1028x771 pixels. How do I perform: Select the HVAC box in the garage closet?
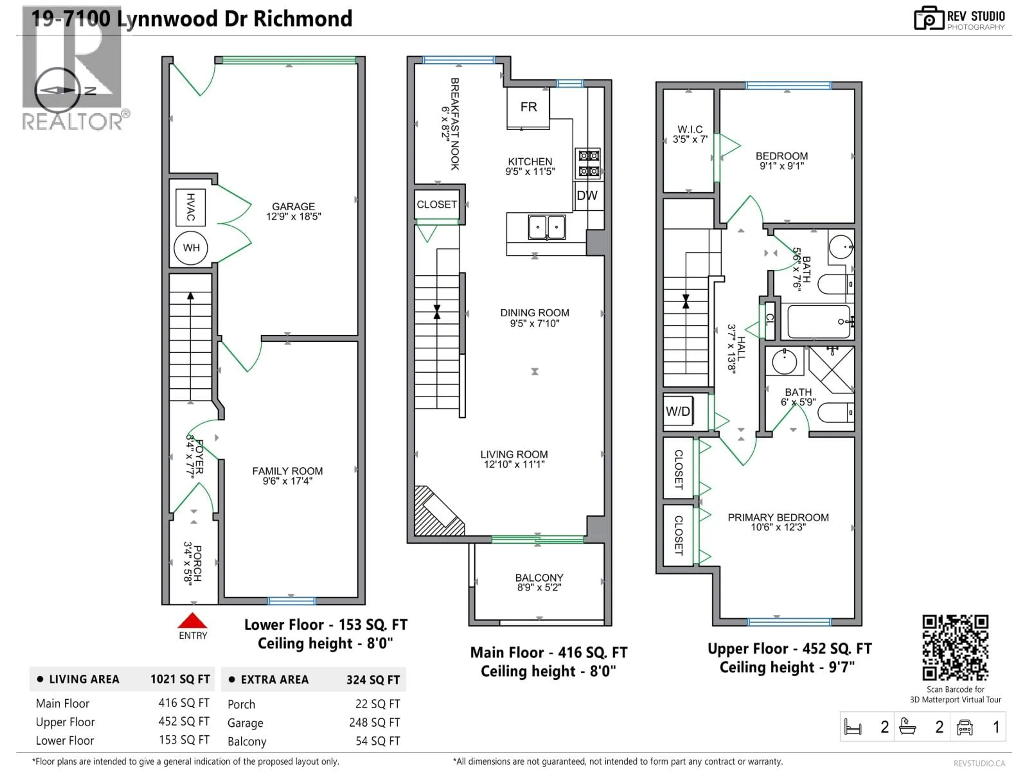coord(191,207)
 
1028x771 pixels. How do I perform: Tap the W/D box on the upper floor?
coord(678,411)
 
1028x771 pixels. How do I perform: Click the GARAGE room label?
coord(293,211)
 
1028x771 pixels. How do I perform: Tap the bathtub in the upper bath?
coord(819,322)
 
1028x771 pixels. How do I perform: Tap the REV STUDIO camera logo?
coord(929,18)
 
